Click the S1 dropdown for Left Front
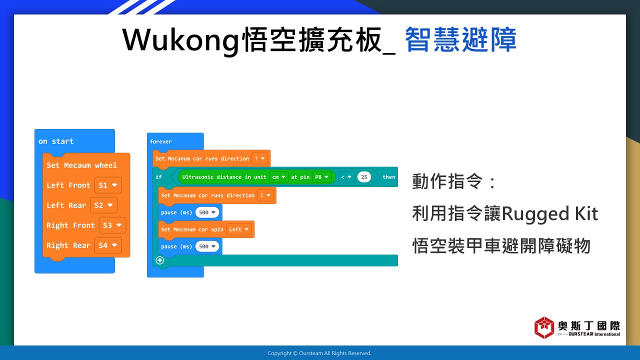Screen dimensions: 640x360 (x=108, y=185)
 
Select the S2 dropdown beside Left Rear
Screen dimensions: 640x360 (x=103, y=205)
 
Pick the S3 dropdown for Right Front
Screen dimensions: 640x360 (x=112, y=225)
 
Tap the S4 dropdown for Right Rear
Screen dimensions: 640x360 (x=108, y=245)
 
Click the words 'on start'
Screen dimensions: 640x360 (x=56, y=141)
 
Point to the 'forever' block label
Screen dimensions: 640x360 (x=160, y=141)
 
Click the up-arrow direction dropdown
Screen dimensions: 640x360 (x=259, y=158)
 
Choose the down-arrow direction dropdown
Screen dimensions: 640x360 (x=265, y=195)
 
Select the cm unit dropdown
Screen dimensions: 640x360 (x=278, y=177)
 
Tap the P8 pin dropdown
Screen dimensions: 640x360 (x=321, y=177)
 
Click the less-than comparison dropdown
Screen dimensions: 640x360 (x=346, y=177)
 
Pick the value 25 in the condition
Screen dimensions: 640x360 (x=364, y=177)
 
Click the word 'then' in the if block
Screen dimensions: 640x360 (x=388, y=177)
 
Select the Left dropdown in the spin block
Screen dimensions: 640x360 (x=238, y=229)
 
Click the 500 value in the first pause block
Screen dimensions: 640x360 (x=207, y=212)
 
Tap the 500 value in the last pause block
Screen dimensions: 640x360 (x=207, y=246)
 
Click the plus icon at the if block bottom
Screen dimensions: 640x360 (x=159, y=260)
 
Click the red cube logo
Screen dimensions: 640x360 (x=544, y=327)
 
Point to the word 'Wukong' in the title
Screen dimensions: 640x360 (x=181, y=40)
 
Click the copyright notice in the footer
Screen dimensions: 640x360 (x=319, y=353)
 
